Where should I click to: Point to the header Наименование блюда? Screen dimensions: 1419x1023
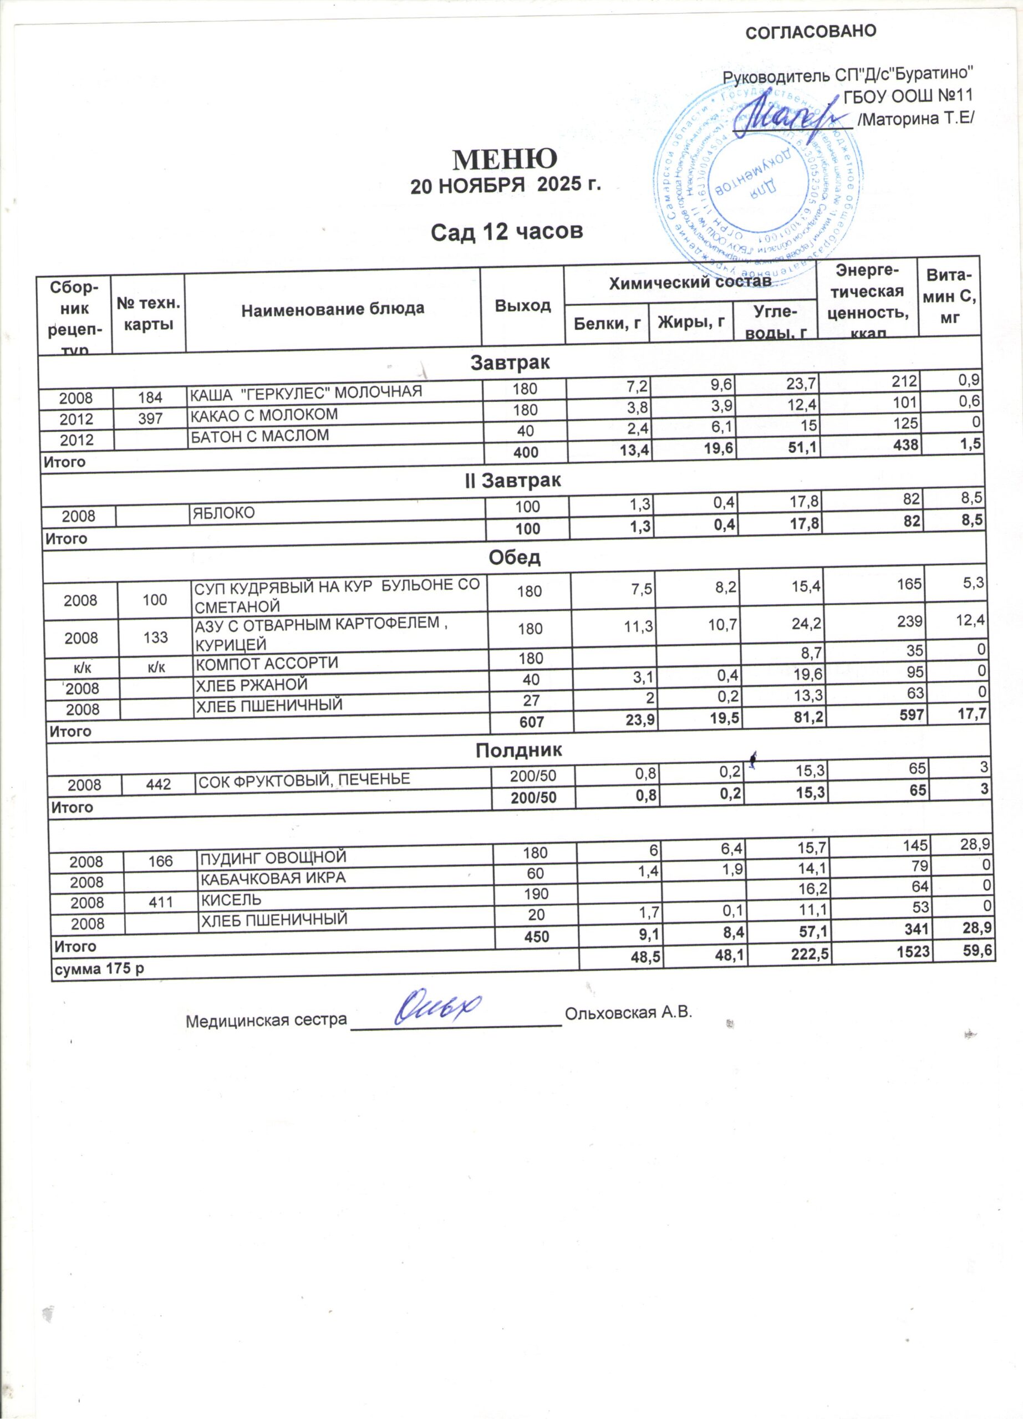[x=333, y=308]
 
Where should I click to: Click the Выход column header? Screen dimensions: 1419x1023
[x=523, y=305]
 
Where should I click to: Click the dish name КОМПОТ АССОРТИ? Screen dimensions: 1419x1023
[x=267, y=662]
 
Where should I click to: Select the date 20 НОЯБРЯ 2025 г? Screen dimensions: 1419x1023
[x=505, y=186]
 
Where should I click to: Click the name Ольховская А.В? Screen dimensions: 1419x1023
[x=628, y=1012]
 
